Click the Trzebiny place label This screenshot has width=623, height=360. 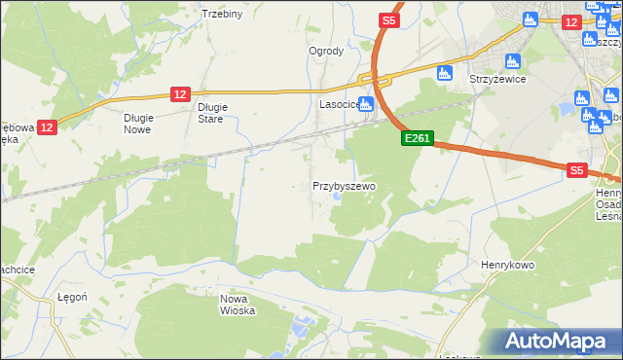(x=221, y=14)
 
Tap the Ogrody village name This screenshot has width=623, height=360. (x=326, y=52)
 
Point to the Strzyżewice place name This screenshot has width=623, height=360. (x=498, y=80)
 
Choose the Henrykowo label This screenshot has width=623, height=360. (x=503, y=264)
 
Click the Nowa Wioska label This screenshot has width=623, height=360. (x=238, y=305)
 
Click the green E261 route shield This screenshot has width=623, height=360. (x=417, y=139)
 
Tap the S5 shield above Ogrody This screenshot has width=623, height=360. (x=388, y=19)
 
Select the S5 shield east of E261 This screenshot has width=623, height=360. (x=577, y=170)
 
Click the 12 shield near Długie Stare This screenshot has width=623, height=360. (x=179, y=93)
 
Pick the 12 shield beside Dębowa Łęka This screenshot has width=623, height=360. (x=50, y=126)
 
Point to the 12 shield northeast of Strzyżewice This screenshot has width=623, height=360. (x=570, y=20)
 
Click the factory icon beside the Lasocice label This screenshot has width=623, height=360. (x=366, y=105)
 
